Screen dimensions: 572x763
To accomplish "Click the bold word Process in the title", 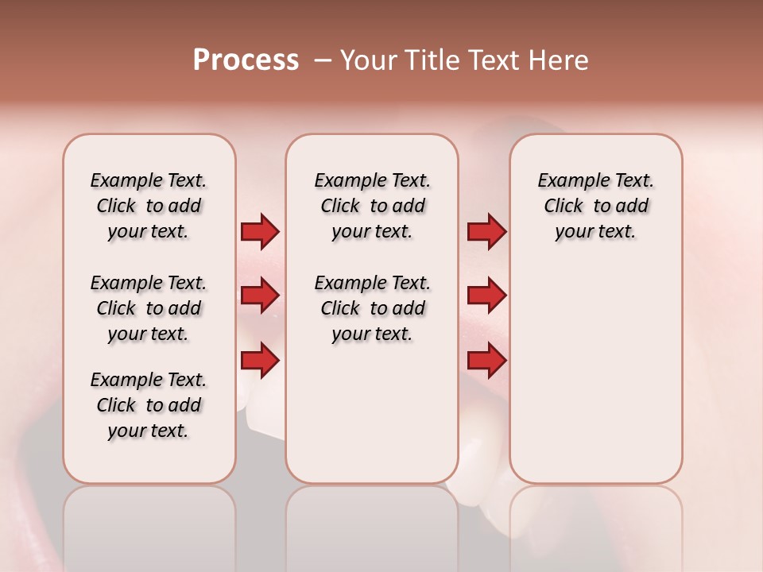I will click(x=246, y=60).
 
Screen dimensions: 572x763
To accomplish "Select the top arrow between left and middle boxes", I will click(x=260, y=231).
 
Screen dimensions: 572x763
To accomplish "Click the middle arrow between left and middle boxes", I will click(x=260, y=296).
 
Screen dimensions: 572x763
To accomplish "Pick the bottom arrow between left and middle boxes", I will click(x=260, y=361).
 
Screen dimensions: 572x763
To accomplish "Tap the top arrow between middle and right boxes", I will click(x=486, y=231).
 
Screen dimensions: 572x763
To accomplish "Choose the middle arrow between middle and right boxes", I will click(x=486, y=296).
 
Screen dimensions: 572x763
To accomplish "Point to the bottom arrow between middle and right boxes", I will click(x=486, y=361).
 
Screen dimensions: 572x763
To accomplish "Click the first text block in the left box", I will click(x=149, y=206).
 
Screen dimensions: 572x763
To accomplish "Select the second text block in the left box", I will click(x=149, y=308).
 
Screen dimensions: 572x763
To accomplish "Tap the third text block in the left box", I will click(x=149, y=405).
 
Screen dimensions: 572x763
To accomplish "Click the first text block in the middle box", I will click(x=372, y=206).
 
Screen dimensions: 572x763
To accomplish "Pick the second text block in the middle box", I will click(x=372, y=308).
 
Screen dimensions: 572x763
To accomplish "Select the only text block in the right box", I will click(x=595, y=206).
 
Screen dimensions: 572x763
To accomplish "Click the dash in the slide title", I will click(x=322, y=61).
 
